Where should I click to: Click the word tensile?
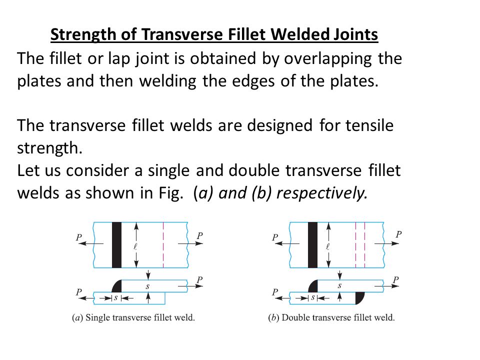point(369,125)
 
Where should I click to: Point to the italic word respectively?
point(321,193)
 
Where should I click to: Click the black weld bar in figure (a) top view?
point(116,245)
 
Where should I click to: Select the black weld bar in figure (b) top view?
point(312,245)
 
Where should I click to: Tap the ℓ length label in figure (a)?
point(135,246)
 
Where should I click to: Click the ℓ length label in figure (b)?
point(327,246)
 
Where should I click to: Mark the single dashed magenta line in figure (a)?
point(163,245)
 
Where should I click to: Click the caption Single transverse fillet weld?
point(133,317)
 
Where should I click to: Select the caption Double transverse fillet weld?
point(331,317)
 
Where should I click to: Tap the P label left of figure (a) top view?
point(79,237)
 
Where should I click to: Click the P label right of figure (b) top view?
point(398,234)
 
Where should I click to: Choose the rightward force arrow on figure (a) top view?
point(190,243)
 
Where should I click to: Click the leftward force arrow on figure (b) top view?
point(287,243)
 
